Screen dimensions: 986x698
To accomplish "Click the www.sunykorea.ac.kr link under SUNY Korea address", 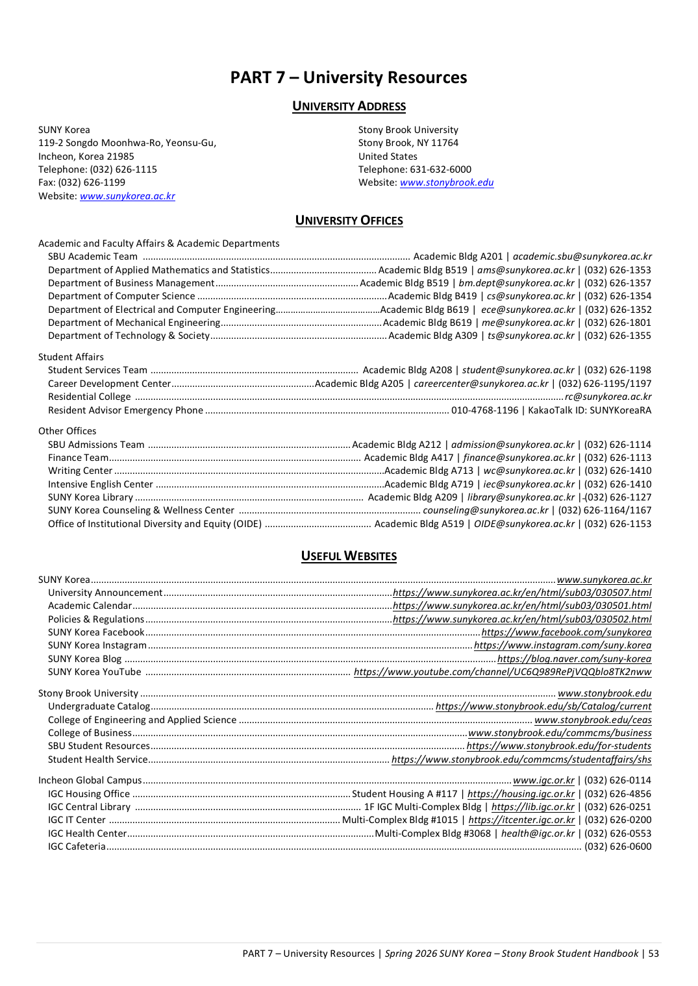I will click(x=127, y=196).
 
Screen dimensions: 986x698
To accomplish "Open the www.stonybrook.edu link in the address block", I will click(x=447, y=182).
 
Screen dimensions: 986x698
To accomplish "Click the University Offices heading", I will click(x=349, y=221).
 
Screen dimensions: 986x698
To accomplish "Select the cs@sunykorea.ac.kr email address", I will click(x=530, y=296).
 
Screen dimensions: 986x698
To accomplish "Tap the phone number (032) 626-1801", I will click(x=617, y=323).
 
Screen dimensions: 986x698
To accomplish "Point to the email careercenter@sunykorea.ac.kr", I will click(x=480, y=384).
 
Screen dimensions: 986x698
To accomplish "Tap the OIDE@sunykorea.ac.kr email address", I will click(x=524, y=524).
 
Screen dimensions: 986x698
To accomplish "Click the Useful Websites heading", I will click(x=349, y=556).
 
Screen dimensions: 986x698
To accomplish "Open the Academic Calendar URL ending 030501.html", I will click(x=522, y=606).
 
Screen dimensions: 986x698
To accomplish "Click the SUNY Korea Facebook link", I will click(x=566, y=632).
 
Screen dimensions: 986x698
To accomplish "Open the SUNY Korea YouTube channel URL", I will click(x=502, y=672).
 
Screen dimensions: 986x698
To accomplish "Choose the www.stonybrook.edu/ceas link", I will click(x=593, y=720).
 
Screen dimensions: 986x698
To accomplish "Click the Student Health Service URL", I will click(x=521, y=759).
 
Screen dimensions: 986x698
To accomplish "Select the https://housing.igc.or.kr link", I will click(x=521, y=794).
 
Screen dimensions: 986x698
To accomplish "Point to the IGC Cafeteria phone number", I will click(x=617, y=846).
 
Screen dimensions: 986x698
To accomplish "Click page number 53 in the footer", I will click(x=653, y=954).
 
